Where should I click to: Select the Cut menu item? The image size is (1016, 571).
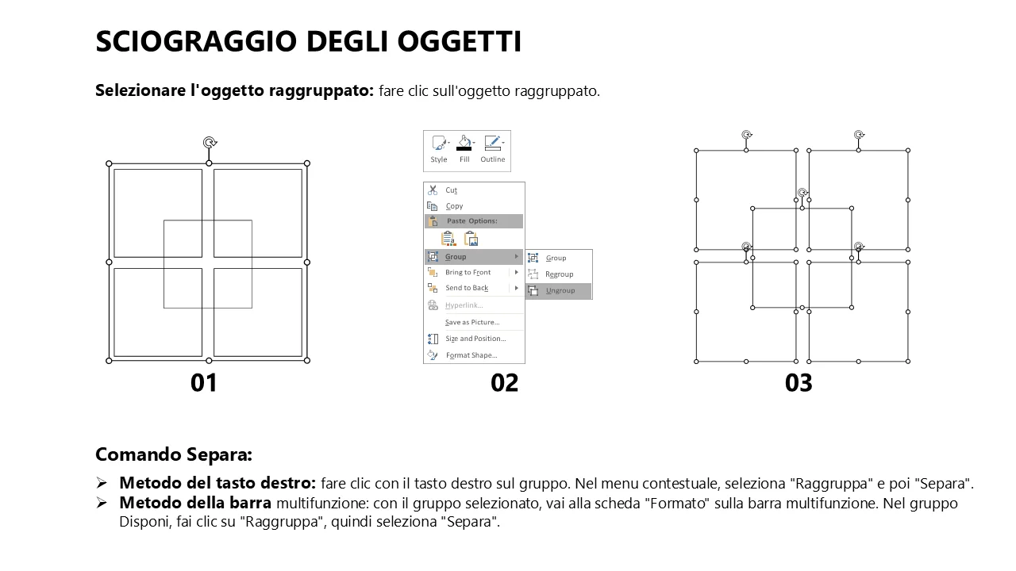451,190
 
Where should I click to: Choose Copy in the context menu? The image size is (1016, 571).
454,206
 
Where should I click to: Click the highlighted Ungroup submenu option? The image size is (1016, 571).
560,290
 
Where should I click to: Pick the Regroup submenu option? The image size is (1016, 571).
559,274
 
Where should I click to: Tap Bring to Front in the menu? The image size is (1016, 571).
468,272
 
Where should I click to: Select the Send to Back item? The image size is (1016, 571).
466,288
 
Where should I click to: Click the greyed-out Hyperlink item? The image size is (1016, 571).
464,305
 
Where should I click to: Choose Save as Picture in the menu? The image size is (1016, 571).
472,322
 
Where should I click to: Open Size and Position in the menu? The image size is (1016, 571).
475,339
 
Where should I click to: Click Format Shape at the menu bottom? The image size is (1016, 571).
471,355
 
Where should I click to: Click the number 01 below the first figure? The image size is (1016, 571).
204,383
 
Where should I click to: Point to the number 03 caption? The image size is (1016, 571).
799,383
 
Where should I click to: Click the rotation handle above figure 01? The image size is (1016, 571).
209,143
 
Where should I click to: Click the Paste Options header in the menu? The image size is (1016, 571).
471,221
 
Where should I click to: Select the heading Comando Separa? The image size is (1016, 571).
174,454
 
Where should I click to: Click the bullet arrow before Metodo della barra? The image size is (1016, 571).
102,503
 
